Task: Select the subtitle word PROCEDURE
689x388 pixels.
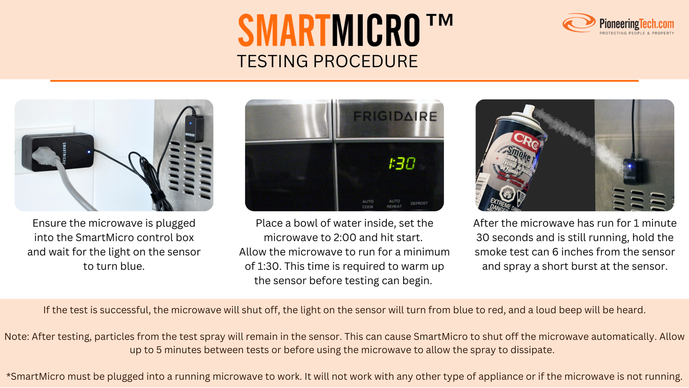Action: [x=365, y=61]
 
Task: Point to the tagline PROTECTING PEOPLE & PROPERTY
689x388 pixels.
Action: [x=637, y=33]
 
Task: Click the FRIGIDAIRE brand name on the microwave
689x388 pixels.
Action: [x=395, y=116]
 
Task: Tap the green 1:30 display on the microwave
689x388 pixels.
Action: [x=402, y=163]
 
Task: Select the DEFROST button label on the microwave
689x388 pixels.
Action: [x=419, y=203]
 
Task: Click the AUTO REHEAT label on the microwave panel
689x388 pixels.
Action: [x=394, y=204]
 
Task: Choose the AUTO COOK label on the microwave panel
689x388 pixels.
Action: [x=368, y=204]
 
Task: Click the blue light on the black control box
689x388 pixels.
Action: [x=89, y=152]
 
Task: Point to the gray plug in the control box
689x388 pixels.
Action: [x=46, y=157]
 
